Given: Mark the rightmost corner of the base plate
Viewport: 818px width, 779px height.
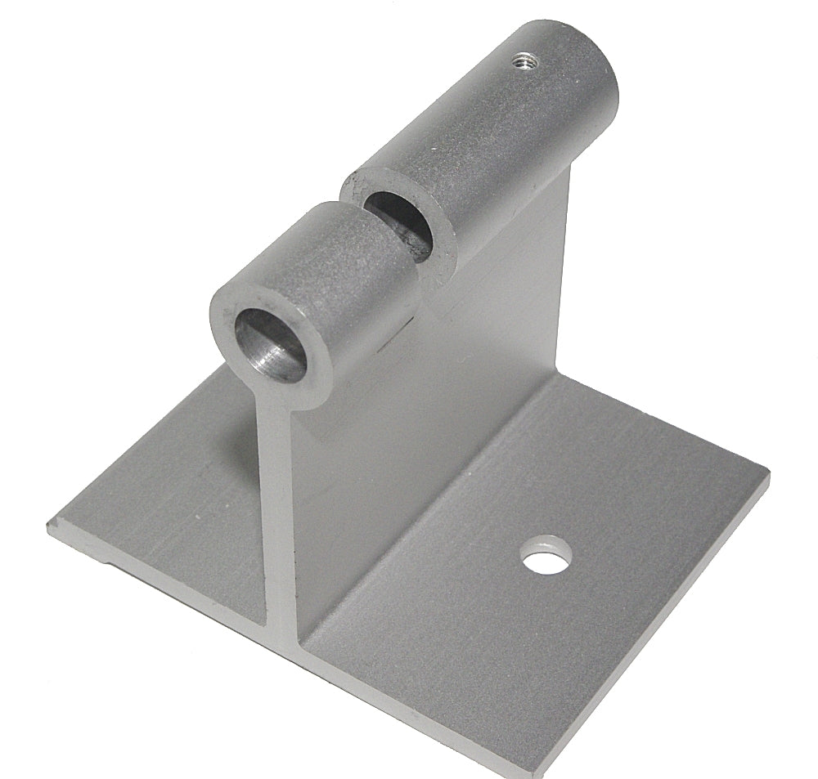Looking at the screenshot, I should pos(767,472).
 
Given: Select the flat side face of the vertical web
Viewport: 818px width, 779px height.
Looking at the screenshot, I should pos(434,384).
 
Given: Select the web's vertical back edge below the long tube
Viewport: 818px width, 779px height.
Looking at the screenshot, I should pos(564,270).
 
